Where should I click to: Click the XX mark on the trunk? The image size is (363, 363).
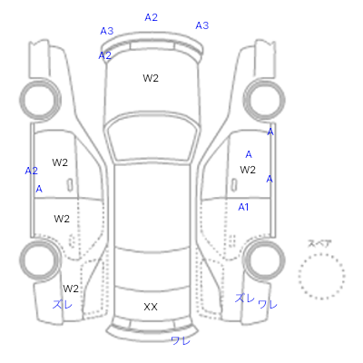click(151, 307)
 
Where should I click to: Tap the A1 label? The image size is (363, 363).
click(243, 207)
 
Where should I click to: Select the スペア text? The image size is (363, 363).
click(319, 243)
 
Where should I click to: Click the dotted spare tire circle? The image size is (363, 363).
click(321, 255)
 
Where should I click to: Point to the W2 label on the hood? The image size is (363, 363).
click(151, 78)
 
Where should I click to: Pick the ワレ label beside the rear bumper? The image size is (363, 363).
click(181, 341)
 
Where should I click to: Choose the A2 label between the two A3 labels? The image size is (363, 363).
click(152, 17)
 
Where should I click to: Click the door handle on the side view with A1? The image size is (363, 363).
click(233, 184)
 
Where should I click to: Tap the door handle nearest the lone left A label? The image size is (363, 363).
click(70, 185)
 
